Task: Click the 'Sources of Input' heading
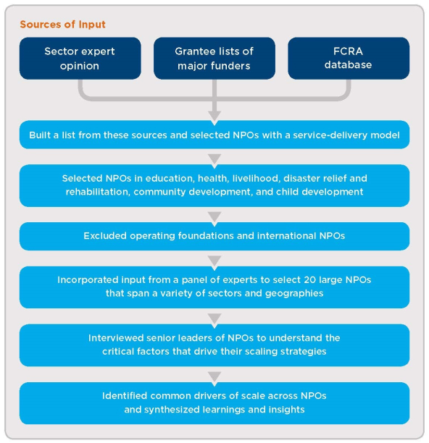pos(62,25)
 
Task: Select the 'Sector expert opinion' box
pos(80,58)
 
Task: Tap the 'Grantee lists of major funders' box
pos(214,58)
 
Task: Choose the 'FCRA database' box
pos(349,58)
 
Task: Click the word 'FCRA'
pos(348,51)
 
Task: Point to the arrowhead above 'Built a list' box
pos(214,117)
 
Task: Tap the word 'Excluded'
pos(105,236)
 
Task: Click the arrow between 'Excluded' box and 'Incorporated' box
pos(214,261)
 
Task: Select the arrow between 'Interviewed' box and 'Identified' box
pos(214,377)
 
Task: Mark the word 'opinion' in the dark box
pos(80,66)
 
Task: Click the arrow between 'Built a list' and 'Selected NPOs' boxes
pos(214,159)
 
